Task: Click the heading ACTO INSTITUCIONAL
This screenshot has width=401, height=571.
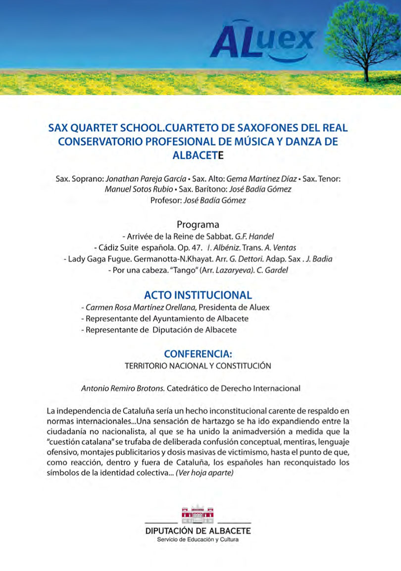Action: pos(198,295)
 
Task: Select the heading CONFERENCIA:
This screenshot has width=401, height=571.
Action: pos(198,355)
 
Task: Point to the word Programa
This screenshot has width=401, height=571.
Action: pos(198,224)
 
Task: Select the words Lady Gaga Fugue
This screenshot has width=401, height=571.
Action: pos(96,259)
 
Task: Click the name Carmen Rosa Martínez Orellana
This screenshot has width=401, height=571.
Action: pos(135,307)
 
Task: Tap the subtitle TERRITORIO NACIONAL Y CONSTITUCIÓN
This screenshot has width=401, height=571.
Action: pos(198,366)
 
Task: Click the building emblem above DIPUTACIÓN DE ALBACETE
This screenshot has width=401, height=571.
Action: pos(198,514)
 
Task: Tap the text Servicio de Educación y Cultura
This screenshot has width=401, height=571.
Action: pos(198,539)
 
